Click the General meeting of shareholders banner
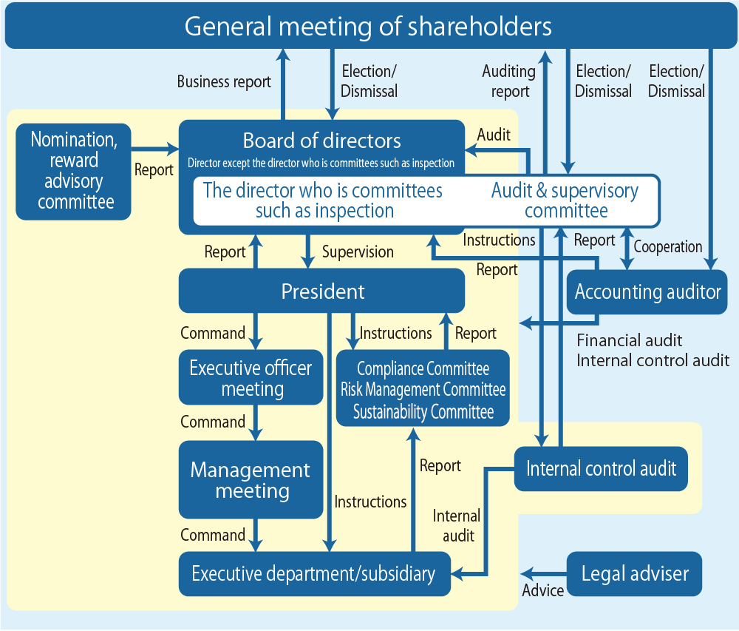(x=368, y=27)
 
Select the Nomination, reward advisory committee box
(x=73, y=171)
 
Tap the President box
(x=322, y=291)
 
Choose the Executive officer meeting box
(x=251, y=378)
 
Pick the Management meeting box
(x=251, y=480)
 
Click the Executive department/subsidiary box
(x=313, y=573)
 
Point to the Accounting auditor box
(x=647, y=291)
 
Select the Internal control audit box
(x=601, y=468)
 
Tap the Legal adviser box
(x=635, y=573)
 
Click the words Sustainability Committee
(x=423, y=412)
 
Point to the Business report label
(x=224, y=81)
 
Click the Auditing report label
(x=509, y=81)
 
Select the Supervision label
(x=358, y=252)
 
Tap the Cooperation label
(x=668, y=247)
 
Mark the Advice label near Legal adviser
(x=543, y=590)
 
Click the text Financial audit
(x=630, y=340)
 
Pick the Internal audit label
(x=457, y=525)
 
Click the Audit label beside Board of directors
(x=494, y=135)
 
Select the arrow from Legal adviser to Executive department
(x=544, y=573)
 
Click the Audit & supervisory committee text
(x=565, y=200)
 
